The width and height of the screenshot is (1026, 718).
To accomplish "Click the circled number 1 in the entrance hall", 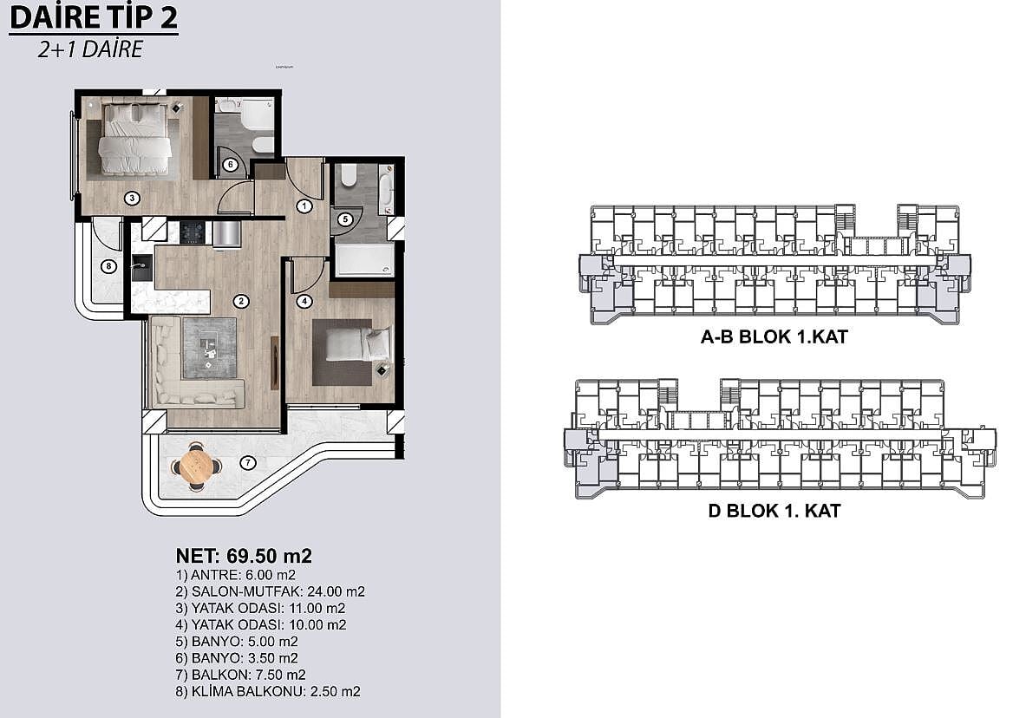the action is tap(304, 206).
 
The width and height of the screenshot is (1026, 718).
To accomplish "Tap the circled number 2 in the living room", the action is tap(241, 301).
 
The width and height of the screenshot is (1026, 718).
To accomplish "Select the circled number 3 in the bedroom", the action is tap(132, 198).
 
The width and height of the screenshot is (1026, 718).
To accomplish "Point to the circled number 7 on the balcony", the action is tap(247, 463).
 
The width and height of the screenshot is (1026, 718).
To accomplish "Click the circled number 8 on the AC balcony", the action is tap(108, 266).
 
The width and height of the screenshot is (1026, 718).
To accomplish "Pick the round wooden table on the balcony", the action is tap(196, 466).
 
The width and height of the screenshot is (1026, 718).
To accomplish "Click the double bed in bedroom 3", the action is tap(134, 139).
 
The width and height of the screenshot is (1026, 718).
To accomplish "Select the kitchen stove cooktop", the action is tap(193, 232).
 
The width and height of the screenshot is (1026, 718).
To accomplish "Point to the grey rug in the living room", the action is tap(209, 348).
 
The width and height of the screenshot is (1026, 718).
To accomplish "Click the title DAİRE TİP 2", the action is tap(94, 17).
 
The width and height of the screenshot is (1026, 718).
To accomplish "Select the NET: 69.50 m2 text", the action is tap(244, 556).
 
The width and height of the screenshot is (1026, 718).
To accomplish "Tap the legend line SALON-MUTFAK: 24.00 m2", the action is tap(271, 591).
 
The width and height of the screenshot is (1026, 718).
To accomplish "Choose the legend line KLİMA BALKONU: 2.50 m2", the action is tap(268, 692).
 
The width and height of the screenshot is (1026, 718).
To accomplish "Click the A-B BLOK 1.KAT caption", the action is tap(774, 337).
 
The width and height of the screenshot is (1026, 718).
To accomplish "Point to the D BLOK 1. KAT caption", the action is tap(774, 511).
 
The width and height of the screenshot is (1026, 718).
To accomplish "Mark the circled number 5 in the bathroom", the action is tap(345, 219).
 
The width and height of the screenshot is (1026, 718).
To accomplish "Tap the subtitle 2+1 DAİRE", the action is tap(90, 49).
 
